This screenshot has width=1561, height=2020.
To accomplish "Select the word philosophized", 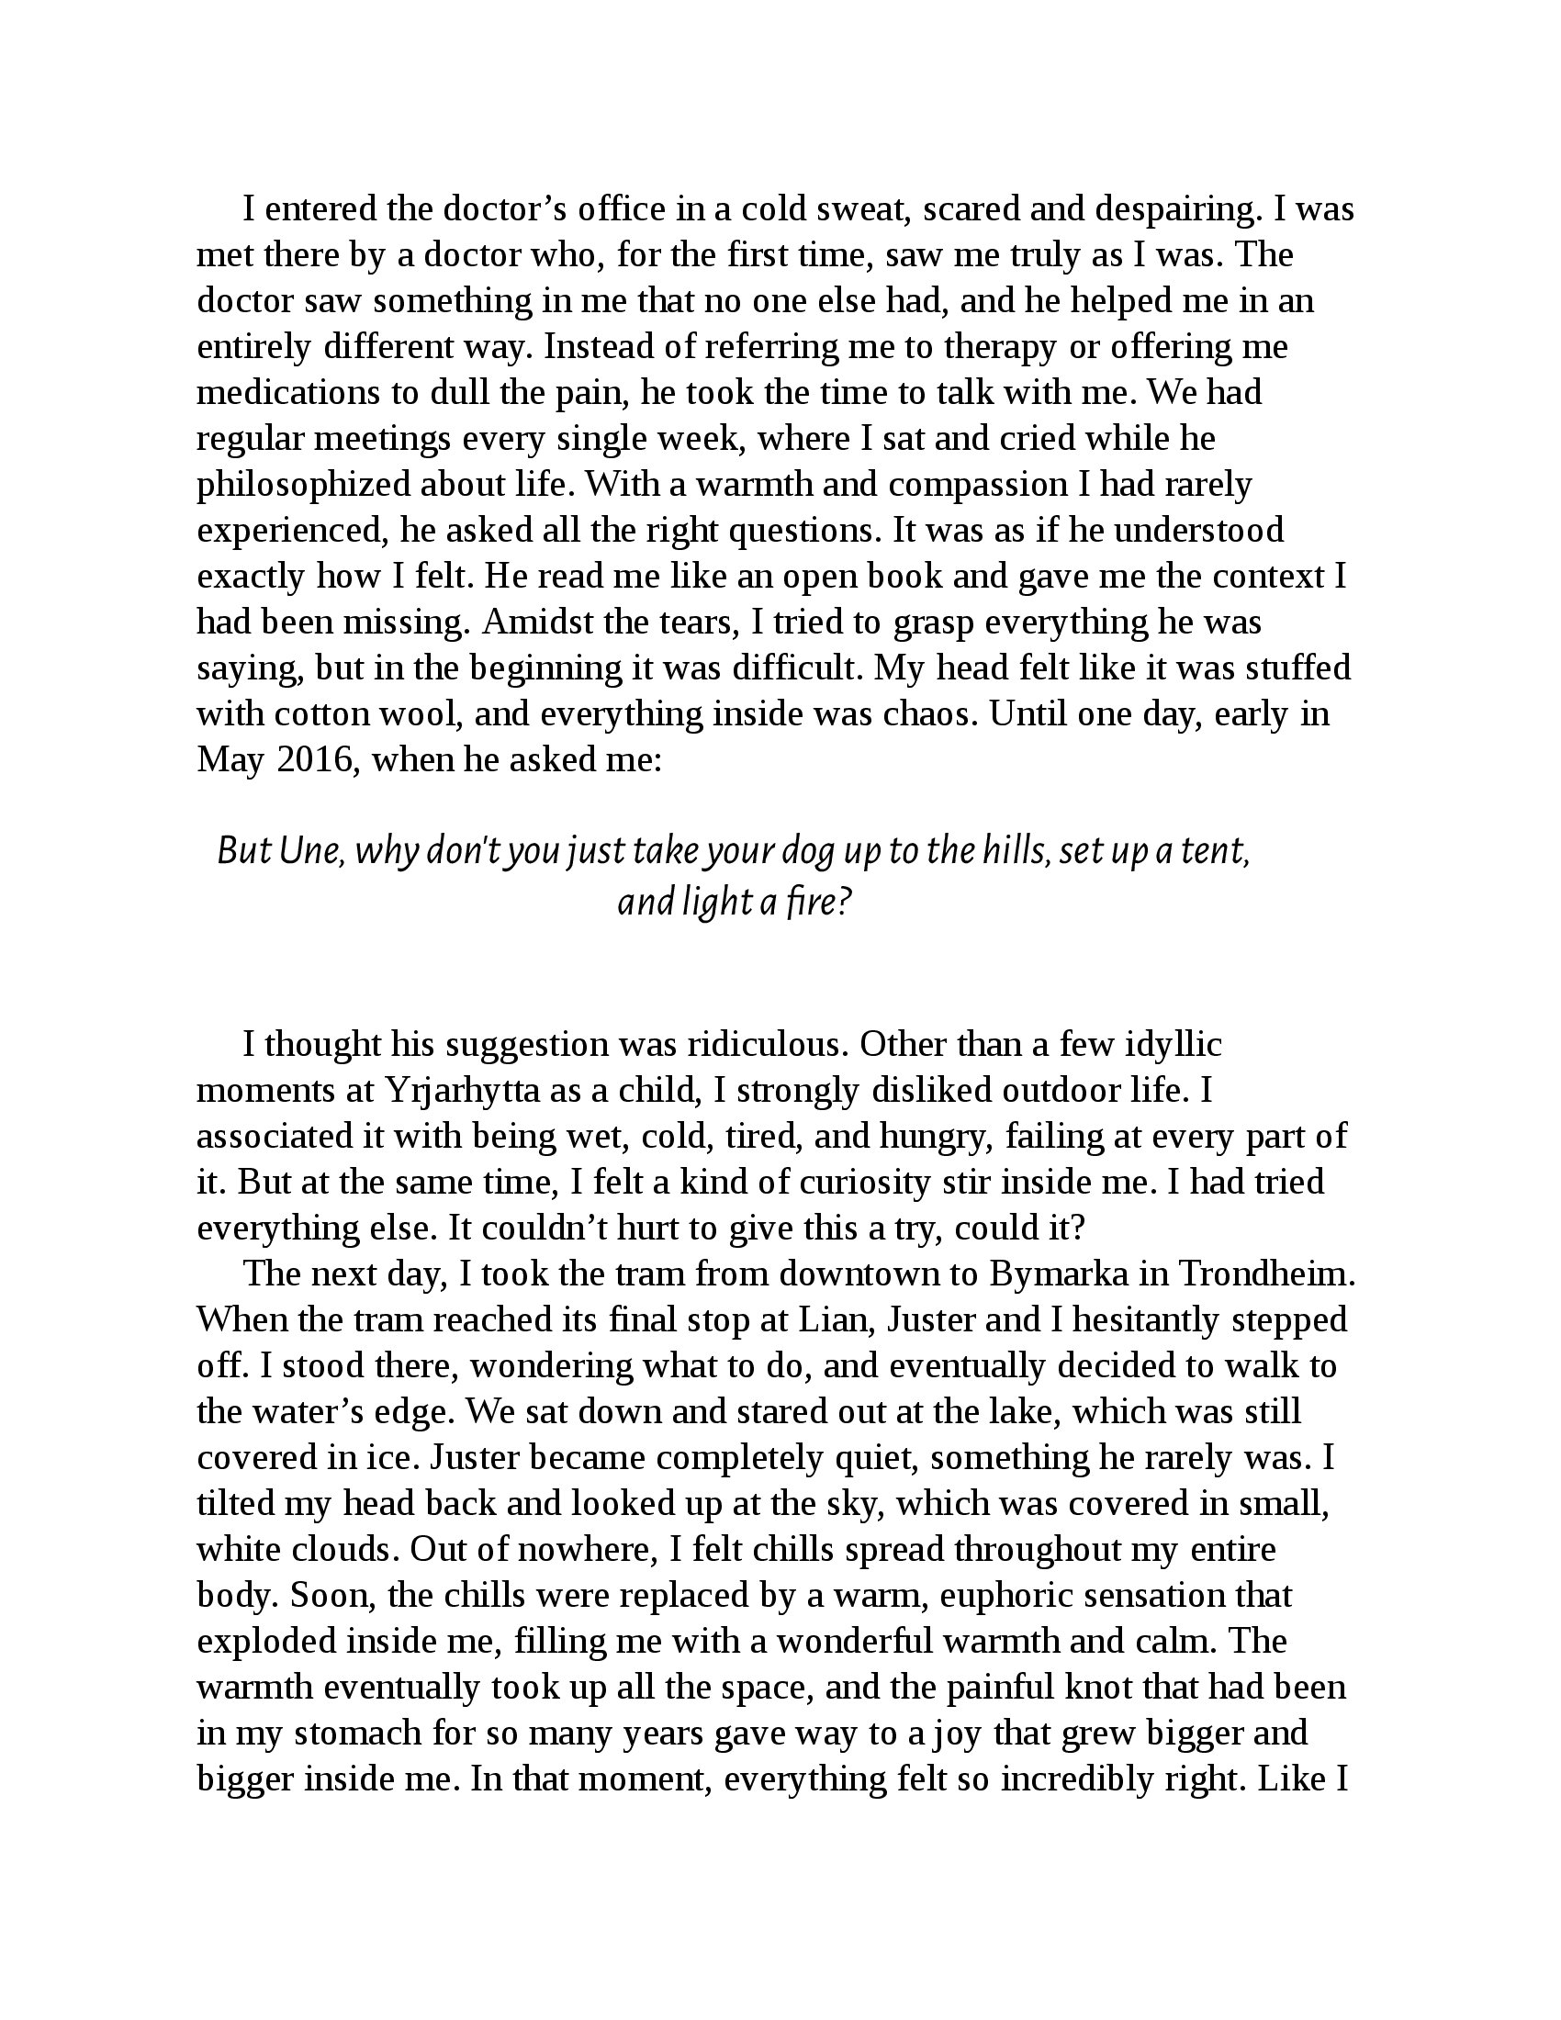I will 304,486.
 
